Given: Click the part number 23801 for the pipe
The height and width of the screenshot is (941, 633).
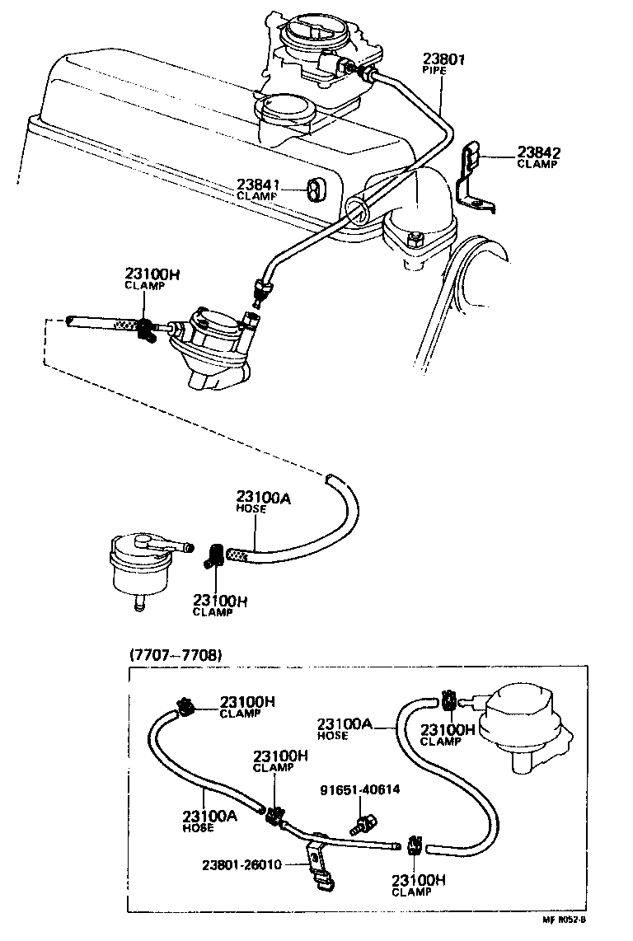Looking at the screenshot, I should tap(445, 59).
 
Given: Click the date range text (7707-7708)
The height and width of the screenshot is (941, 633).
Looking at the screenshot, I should tap(176, 655).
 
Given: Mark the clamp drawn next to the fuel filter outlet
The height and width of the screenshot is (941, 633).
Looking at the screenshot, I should tap(214, 556).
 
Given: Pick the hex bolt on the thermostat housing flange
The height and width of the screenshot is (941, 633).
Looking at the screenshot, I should tap(415, 239).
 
